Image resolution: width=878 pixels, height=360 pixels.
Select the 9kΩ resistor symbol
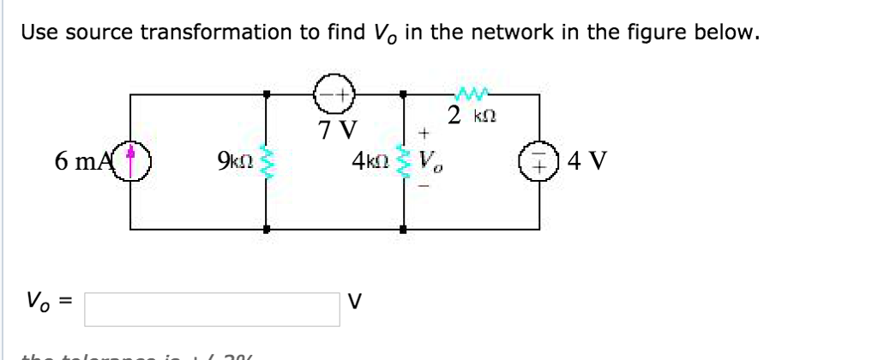point(267,160)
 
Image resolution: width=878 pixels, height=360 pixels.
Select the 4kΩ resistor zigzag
point(405,160)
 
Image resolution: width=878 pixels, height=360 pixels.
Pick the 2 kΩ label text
point(472,114)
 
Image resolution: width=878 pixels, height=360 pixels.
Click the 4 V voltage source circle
point(539,161)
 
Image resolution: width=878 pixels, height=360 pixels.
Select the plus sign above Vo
point(423,134)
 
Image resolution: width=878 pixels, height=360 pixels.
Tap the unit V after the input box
point(354,302)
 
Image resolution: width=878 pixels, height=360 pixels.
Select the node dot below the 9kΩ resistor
point(267,229)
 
